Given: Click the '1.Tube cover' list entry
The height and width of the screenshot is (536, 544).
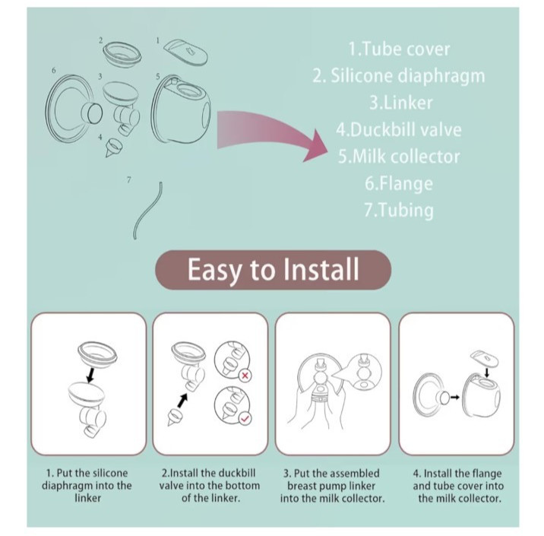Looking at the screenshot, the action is tap(399, 49).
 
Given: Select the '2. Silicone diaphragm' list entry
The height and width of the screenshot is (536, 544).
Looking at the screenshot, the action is tap(399, 76).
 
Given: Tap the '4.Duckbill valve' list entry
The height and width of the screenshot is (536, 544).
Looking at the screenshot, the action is tap(399, 129).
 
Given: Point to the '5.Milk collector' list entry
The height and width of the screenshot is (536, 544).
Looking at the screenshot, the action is tap(399, 156).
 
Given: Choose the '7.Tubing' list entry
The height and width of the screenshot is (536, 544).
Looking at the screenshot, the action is tap(399, 211).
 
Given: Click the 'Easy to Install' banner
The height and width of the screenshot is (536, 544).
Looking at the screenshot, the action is tap(273, 270).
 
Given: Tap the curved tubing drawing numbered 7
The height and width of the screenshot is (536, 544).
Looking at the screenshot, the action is tap(147, 211).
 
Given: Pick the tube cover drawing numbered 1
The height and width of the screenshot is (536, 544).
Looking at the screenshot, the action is tap(185, 52).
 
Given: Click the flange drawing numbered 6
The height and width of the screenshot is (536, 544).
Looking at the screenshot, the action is tap(74, 108).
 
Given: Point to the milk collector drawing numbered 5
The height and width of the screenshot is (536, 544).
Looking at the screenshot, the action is tap(181, 109).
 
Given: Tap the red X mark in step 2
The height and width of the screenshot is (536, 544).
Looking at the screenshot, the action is tap(245, 376).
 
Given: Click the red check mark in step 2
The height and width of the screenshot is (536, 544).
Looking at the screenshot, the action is tap(245, 419).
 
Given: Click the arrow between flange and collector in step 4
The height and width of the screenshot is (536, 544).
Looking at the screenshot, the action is tap(454, 397).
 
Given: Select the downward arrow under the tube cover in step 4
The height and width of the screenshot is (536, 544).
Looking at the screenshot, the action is tap(487, 373).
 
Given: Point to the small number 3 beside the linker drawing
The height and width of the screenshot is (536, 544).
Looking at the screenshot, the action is tap(100, 76).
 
